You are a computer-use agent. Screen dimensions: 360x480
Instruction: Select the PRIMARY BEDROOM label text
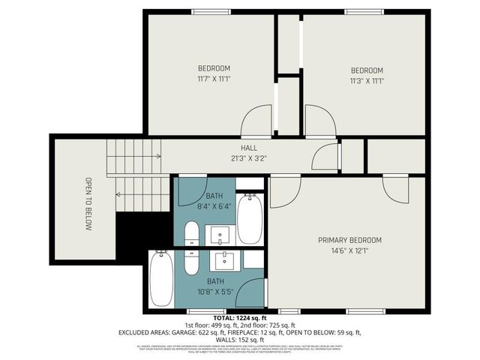coord(349,245)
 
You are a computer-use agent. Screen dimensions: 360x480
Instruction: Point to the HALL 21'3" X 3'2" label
coord(250,154)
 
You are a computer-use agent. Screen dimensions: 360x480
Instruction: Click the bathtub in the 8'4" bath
coord(250,218)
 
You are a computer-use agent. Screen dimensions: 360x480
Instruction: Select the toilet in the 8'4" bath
coord(191,233)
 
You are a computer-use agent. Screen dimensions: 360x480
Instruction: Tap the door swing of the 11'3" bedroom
coord(319,121)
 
